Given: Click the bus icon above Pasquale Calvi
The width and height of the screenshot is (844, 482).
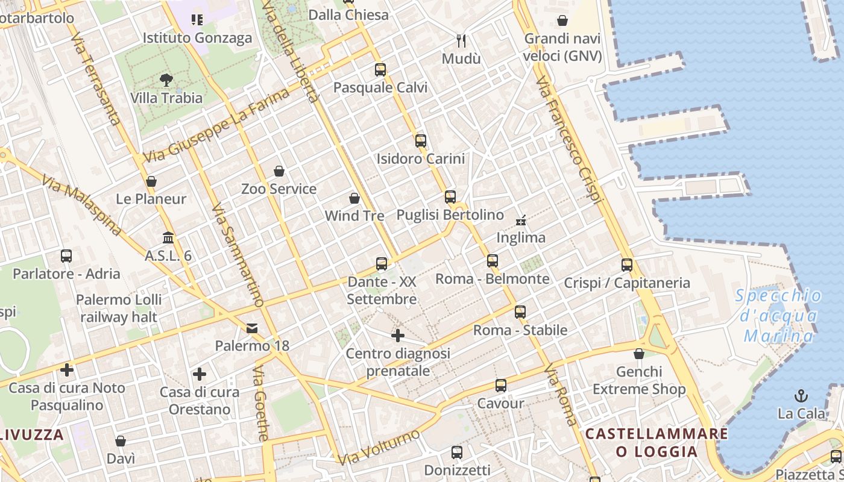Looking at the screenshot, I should [380, 69].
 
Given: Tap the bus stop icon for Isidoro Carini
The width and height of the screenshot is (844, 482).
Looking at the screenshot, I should [421, 141].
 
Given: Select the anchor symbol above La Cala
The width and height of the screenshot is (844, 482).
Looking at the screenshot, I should [801, 396].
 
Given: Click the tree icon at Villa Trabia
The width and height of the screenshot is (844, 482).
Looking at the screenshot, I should [166, 80].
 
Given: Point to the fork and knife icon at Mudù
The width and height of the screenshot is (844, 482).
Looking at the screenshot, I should [462, 41].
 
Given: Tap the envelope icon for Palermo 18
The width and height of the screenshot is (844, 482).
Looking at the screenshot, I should [252, 328].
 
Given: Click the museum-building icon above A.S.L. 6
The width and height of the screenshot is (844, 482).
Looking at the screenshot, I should [168, 238].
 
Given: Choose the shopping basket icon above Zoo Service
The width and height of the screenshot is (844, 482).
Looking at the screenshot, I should [279, 171].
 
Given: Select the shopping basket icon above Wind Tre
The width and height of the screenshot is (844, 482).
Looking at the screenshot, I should [354, 198].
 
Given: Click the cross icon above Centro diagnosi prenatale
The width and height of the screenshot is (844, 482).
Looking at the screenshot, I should [398, 336].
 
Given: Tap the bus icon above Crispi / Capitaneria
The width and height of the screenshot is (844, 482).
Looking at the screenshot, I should [627, 264].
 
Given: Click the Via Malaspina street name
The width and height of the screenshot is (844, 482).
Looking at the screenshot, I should [81, 205].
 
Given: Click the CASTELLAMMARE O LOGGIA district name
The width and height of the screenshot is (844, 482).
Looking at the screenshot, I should [657, 443].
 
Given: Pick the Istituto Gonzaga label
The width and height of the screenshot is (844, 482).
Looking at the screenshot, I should [197, 38].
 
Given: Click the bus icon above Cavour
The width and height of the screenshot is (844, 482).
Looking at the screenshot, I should [500, 386].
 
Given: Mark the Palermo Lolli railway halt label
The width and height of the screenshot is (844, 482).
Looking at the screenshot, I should [119, 308].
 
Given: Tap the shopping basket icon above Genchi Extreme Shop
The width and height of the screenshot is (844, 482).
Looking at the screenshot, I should [639, 354].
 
